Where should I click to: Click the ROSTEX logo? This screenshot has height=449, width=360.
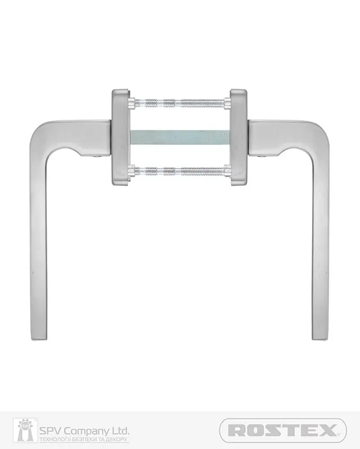pyautogui.click(x=283, y=430)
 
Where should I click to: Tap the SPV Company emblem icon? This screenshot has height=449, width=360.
pyautogui.click(x=25, y=430)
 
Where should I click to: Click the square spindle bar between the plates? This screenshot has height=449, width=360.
pyautogui.click(x=180, y=137)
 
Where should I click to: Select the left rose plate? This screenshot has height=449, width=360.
pyautogui.click(x=121, y=137)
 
